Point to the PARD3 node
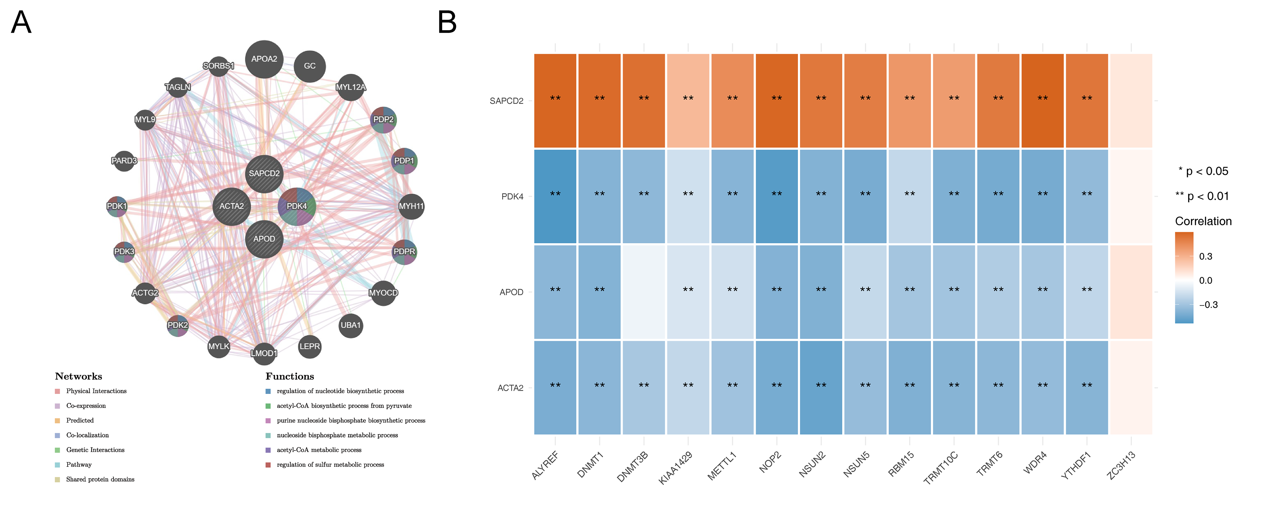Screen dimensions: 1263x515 (x=124, y=161)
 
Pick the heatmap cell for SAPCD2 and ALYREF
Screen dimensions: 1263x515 (x=555, y=101)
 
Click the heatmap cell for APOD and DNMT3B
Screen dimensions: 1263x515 (x=644, y=292)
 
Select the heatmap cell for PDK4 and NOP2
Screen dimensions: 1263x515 (x=777, y=196)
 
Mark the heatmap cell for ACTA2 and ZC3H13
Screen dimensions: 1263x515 (x=1131, y=387)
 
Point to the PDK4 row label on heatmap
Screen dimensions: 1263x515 (x=512, y=197)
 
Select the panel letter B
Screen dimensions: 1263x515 (x=447, y=22)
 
